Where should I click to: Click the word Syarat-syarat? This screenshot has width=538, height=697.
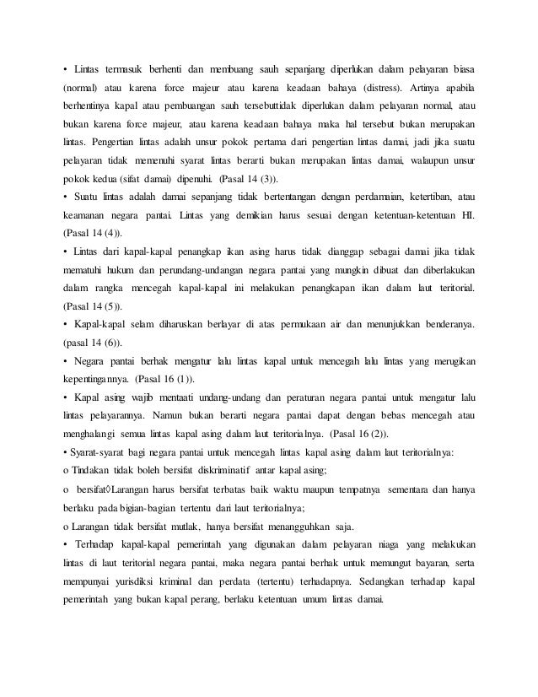coord(95,451)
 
